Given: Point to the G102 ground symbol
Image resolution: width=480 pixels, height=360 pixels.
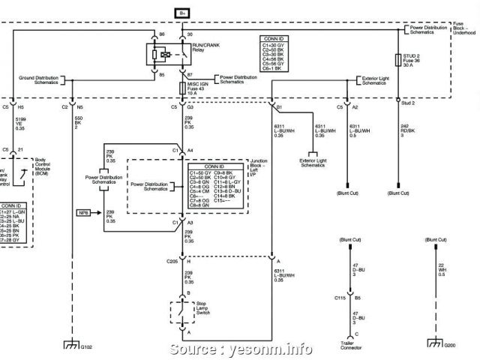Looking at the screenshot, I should click(70, 346).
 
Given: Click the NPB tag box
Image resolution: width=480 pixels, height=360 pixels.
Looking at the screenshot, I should click(83, 214).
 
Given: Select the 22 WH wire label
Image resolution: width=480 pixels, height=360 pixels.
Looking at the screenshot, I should click(442, 271).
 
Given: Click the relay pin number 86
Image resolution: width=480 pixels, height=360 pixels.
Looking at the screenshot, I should click(161, 34).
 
